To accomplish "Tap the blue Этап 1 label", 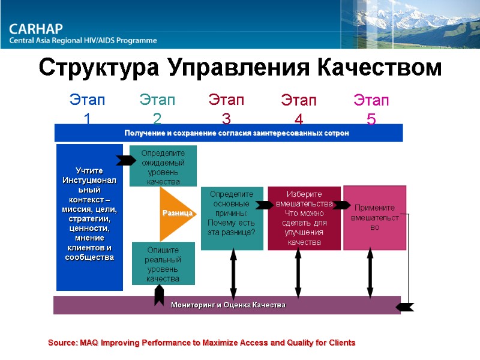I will pos(88,108).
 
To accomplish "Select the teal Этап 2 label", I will pos(157,108).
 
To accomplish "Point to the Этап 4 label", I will pos(299,108).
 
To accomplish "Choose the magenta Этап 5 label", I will pos(371,108).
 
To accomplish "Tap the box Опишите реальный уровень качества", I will pos(163,264).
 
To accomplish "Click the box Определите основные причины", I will pos(232,218).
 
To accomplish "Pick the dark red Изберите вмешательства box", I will pos(304,218).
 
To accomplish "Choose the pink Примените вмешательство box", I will pos(375,218).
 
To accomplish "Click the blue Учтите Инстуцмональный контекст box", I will pos(89,216).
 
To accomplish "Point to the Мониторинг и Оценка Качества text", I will pos(228,305).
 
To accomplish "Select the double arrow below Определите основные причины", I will pos(233,273).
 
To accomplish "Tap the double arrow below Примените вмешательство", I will pos(370,273).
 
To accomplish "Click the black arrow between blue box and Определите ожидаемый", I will pos(126,160).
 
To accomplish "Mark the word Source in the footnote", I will pos(61,343).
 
